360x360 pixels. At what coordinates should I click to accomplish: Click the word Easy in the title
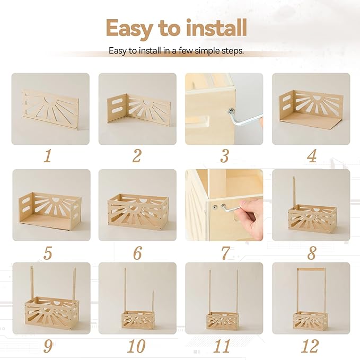[x=129, y=27]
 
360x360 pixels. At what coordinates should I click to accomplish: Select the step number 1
[x=48, y=156]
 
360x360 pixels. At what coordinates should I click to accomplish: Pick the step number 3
[x=224, y=156]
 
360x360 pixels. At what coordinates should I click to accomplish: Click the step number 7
[x=224, y=252]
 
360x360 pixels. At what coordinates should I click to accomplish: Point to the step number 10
[x=136, y=346]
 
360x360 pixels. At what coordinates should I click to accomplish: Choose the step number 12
[x=310, y=346]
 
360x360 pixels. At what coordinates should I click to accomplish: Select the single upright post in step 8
[x=294, y=191]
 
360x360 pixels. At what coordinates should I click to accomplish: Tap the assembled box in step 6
[x=138, y=211]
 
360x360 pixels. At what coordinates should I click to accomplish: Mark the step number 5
[x=48, y=252]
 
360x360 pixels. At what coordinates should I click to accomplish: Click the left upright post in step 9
[x=32, y=283]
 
